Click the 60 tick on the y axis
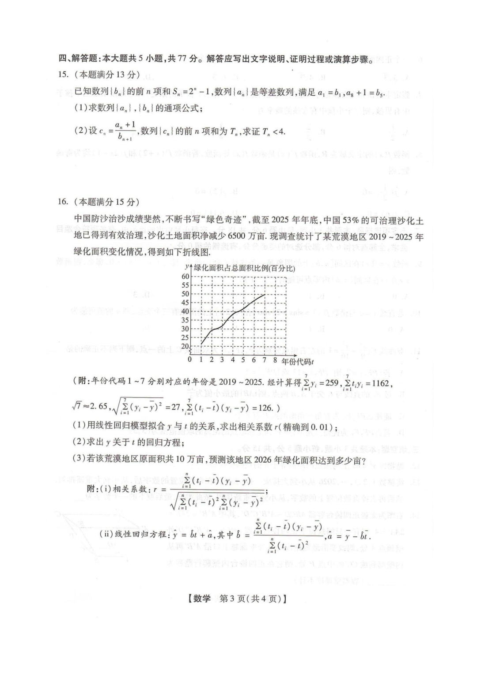pos(185,277)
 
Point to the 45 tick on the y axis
pos(185,303)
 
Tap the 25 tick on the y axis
pos(185,337)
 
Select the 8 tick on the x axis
pos(275,360)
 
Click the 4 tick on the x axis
pos(233,360)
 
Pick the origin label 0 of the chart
pos(190,360)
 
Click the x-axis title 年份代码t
pos(298,362)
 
